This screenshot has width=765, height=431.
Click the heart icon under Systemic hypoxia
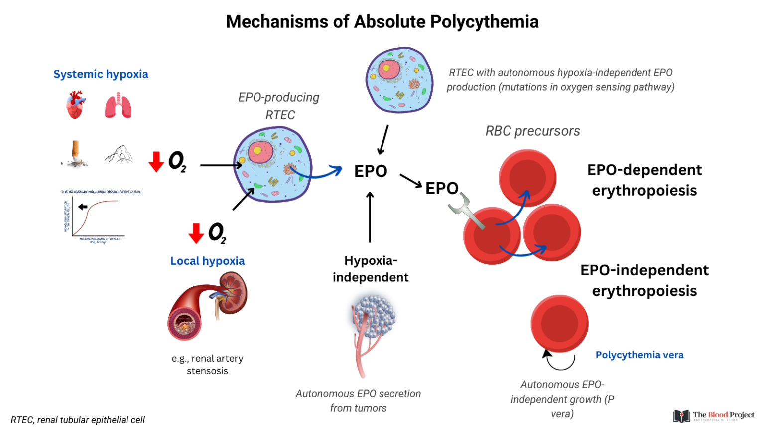coord(75,105)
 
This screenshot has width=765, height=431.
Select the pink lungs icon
coord(118,105)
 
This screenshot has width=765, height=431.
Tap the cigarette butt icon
coord(76,154)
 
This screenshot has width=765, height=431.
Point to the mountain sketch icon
coord(119,154)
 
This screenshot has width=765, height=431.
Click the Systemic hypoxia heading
coord(101,74)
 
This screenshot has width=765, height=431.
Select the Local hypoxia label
coord(207,261)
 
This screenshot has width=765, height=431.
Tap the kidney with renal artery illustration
coord(208,305)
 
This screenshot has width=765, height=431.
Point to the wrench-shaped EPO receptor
coord(465,211)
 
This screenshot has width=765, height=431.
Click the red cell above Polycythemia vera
coord(559,323)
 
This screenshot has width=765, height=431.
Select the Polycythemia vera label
coord(639,355)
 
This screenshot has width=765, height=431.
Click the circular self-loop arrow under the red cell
coord(559,361)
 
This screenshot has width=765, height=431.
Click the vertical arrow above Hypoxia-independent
coord(370,217)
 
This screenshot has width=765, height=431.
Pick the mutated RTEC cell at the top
coord(399,80)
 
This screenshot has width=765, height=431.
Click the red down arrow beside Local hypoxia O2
coord(196,233)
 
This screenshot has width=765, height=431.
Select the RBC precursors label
coord(532,131)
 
